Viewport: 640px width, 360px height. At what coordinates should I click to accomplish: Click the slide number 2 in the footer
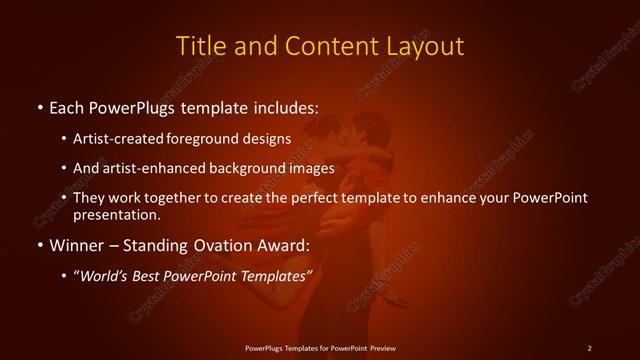coord(589,347)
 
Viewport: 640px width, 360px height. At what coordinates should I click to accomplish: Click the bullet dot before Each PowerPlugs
coord(38,105)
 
